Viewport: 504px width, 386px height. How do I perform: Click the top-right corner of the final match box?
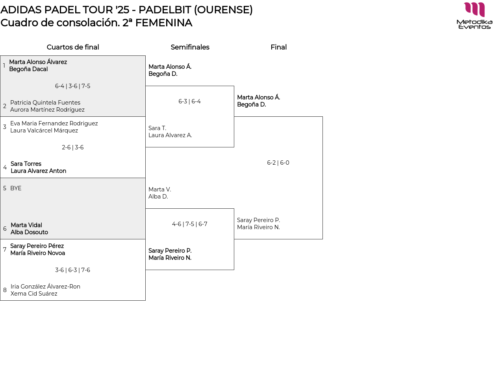point(322,116)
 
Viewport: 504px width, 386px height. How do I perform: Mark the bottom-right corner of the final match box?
point(322,239)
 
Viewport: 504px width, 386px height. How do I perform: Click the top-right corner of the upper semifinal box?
point(234,86)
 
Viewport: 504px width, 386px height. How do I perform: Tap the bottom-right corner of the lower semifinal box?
point(234,270)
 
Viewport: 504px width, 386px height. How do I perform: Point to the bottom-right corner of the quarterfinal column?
point(145,300)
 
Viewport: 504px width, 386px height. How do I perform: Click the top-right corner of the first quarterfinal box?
point(145,55)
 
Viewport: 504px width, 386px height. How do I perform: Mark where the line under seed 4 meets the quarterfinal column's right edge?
point(145,178)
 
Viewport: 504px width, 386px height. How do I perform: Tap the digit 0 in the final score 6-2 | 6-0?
point(287,163)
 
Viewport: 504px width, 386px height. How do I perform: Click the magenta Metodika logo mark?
point(474,9)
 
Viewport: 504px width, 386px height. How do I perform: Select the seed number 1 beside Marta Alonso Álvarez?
point(4,66)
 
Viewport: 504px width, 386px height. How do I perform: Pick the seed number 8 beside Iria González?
point(5,290)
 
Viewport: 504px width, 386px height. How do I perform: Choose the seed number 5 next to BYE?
point(5,188)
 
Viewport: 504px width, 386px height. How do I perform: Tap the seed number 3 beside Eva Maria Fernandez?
point(5,127)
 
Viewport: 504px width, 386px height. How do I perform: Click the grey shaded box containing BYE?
point(73,208)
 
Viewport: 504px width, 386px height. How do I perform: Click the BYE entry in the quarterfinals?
point(16,188)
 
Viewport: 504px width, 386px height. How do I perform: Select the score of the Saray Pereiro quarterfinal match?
point(72,270)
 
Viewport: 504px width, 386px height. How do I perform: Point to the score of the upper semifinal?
point(189,101)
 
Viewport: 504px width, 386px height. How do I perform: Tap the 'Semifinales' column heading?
point(190,47)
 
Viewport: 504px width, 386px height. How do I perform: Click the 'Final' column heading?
point(278,47)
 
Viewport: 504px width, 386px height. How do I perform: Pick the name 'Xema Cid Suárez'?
point(34,294)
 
